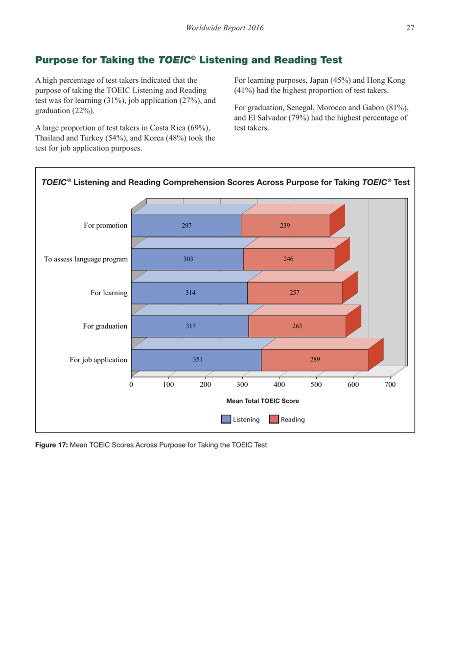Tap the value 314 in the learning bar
pyautogui.click(x=190, y=293)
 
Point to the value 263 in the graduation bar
pyautogui.click(x=297, y=326)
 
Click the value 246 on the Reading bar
pyautogui.click(x=288, y=259)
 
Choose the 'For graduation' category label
pyautogui.click(x=105, y=326)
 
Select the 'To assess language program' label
pyautogui.click(x=86, y=259)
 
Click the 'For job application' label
pyautogui.click(x=98, y=360)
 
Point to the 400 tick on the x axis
pyautogui.click(x=279, y=385)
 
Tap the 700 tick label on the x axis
pyautogui.click(x=390, y=385)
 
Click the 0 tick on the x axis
pyautogui.click(x=131, y=385)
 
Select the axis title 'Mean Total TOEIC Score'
pyautogui.click(x=262, y=401)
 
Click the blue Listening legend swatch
pyautogui.click(x=226, y=419)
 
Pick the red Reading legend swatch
pyautogui.click(x=274, y=419)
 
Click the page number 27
pyautogui.click(x=410, y=28)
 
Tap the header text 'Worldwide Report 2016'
pyautogui.click(x=225, y=28)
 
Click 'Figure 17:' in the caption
pyautogui.click(x=51, y=445)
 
